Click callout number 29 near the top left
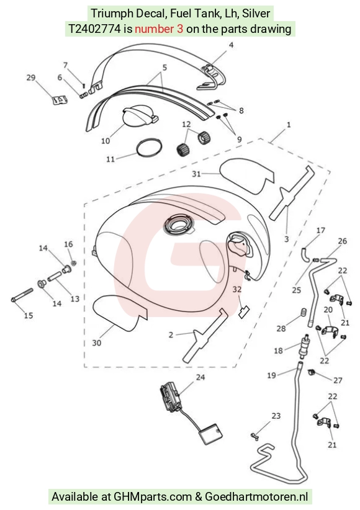(x=31, y=78)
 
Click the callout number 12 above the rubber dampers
(x=186, y=124)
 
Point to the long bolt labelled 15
(x=22, y=294)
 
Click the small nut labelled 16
(x=74, y=263)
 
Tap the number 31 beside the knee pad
(x=196, y=174)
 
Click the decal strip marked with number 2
(x=204, y=335)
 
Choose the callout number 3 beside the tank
(x=286, y=239)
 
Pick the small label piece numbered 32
(x=244, y=312)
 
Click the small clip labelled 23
(x=255, y=437)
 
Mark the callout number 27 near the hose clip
(x=338, y=380)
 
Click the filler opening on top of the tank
(x=179, y=225)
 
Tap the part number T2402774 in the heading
(x=94, y=29)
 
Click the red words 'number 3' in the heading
(x=159, y=29)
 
